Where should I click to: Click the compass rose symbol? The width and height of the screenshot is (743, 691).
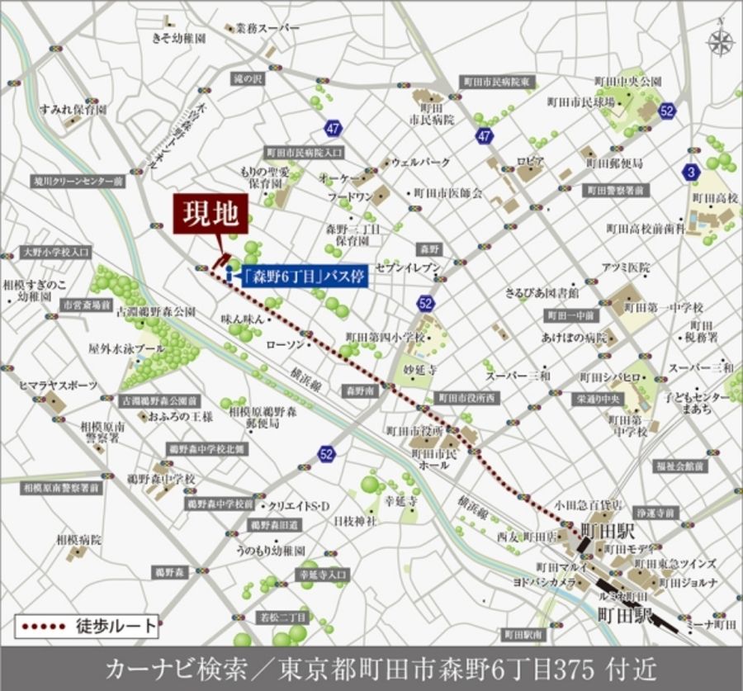(x=720, y=42)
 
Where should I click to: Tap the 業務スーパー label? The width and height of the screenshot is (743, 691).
(x=267, y=28)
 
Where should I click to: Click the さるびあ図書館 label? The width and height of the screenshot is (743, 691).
(x=542, y=293)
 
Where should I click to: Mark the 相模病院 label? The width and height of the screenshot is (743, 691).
(x=78, y=540)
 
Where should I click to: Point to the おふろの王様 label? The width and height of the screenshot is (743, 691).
(x=181, y=418)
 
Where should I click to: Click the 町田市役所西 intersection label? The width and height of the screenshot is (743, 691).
(x=468, y=397)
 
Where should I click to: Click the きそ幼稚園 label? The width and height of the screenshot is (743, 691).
(x=179, y=37)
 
